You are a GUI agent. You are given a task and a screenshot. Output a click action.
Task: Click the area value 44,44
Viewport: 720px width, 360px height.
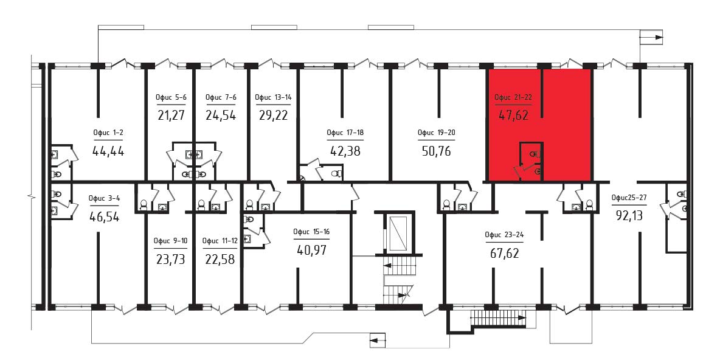108,151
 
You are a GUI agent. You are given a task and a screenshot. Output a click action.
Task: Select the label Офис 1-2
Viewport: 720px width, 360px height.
108,133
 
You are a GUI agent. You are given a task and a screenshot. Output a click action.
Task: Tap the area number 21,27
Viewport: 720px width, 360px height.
171,115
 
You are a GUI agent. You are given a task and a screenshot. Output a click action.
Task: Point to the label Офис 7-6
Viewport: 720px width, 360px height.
220,97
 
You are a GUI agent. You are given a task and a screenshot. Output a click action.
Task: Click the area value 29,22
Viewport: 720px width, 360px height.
273,115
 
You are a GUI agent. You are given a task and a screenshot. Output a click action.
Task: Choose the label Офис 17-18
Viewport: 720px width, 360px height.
345,133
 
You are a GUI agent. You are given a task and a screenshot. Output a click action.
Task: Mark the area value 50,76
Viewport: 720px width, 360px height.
436,151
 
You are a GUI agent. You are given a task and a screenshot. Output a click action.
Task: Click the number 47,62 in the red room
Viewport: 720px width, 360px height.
513,115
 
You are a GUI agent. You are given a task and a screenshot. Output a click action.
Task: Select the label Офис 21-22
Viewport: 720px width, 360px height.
513,97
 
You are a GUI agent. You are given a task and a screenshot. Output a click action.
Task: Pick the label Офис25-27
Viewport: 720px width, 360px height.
629,198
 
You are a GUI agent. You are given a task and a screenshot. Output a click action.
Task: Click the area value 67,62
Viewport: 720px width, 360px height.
504,252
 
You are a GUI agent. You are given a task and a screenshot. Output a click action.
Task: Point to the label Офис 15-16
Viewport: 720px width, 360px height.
311,232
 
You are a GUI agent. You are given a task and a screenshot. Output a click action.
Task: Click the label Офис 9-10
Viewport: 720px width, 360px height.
171,241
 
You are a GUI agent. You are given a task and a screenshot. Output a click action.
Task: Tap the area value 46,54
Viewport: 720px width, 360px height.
104,216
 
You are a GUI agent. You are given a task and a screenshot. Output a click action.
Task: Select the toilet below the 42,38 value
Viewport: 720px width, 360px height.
336,174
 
